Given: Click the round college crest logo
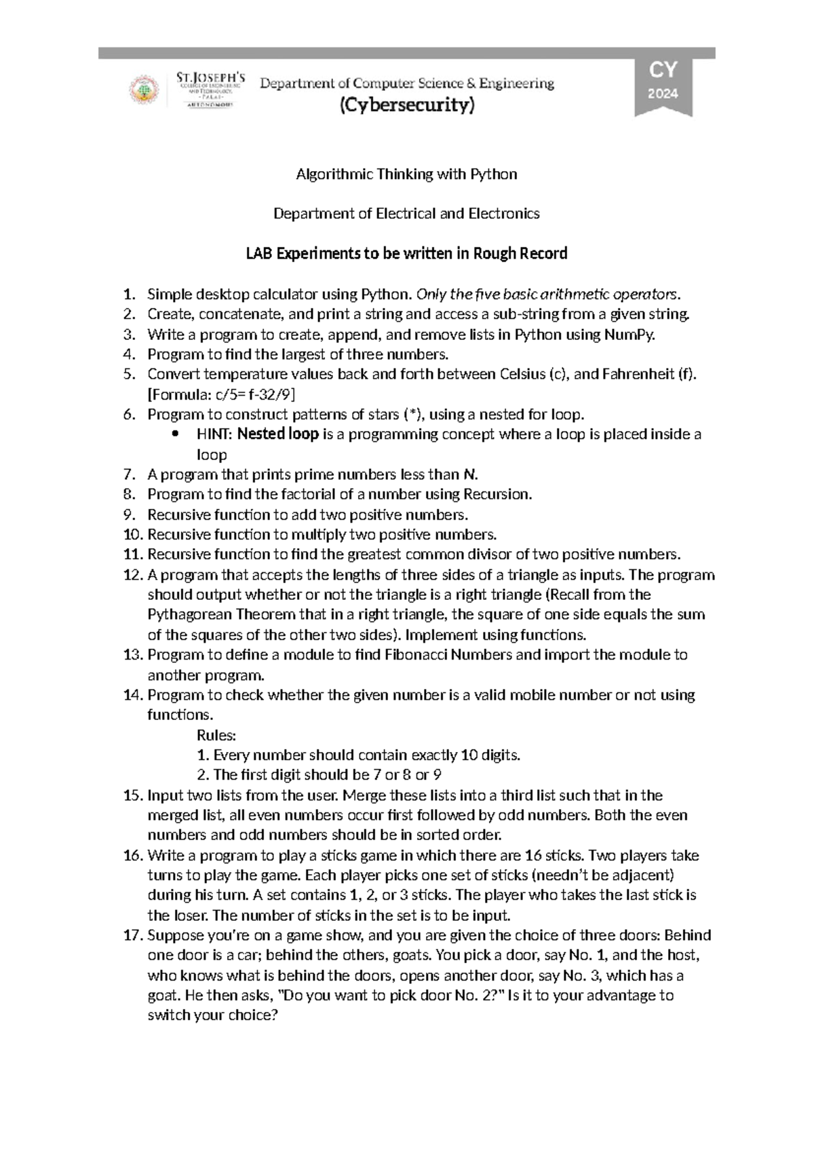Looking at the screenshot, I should click(144, 90).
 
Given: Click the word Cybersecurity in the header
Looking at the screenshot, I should click(407, 106).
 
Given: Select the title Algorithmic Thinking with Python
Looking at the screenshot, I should click(406, 174).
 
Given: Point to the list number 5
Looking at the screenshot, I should click(130, 375).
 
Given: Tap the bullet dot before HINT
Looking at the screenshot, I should click(176, 434).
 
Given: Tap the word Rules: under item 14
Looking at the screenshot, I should click(216, 735).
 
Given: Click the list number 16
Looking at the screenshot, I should click(133, 855).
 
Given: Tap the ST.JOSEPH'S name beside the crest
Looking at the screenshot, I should click(210, 77).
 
